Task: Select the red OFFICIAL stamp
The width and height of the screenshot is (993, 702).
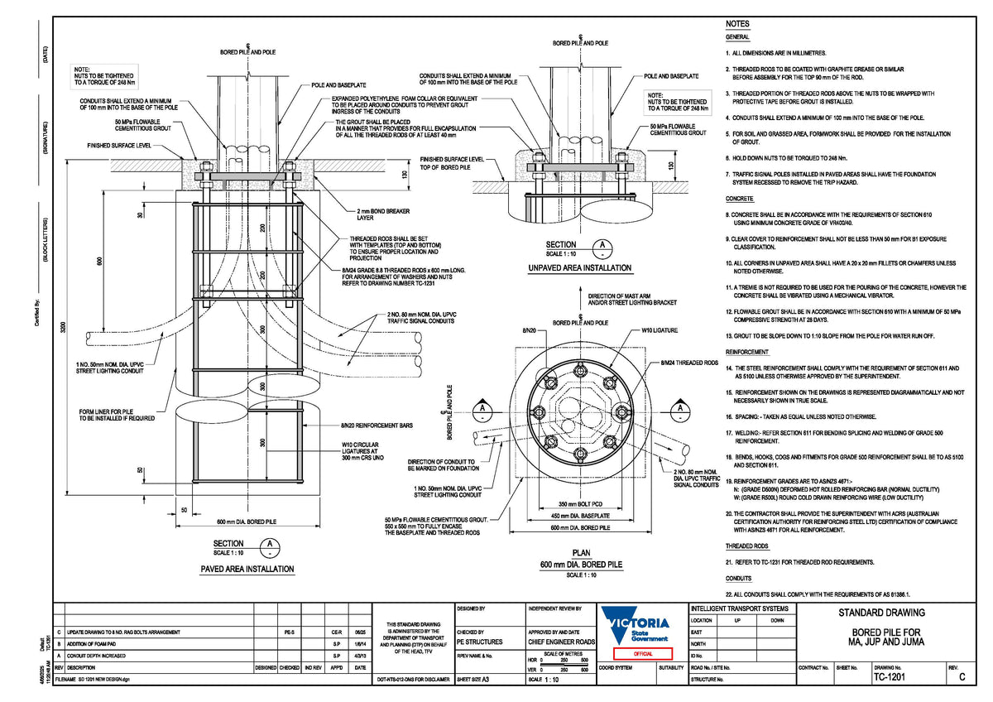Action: click(637, 653)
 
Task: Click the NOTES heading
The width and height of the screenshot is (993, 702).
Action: click(737, 24)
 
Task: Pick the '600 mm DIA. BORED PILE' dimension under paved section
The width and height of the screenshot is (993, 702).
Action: click(247, 522)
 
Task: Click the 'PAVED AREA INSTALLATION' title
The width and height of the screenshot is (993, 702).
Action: click(247, 569)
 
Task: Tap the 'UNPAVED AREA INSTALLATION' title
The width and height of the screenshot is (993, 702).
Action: click(579, 267)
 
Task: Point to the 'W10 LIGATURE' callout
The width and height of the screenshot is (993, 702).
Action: click(660, 330)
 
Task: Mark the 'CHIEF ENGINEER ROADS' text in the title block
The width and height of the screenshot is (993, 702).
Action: click(561, 641)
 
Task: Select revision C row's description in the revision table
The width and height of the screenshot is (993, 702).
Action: click(123, 632)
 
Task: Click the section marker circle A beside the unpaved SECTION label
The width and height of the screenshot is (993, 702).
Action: click(605, 248)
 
